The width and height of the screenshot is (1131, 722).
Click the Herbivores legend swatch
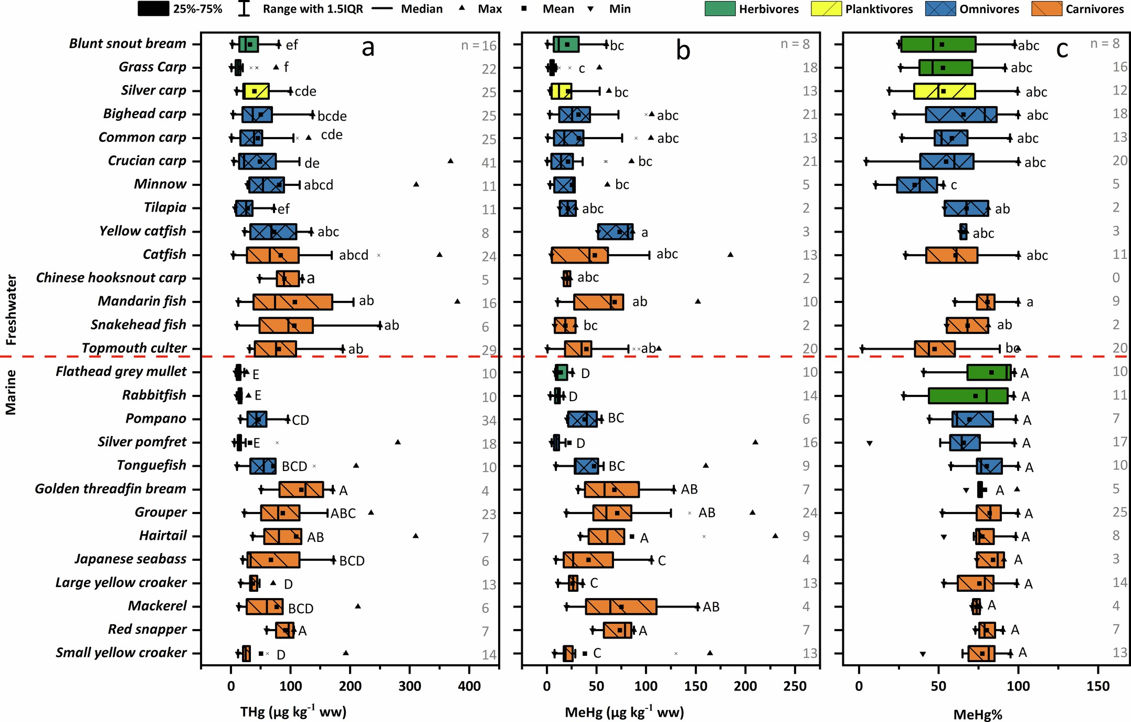pyautogui.click(x=720, y=9)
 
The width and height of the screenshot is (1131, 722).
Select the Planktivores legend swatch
pyautogui.click(x=826, y=9)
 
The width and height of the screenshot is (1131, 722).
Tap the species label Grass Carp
pyautogui.click(x=152, y=67)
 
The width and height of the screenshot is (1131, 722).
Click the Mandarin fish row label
pyautogui.click(x=142, y=301)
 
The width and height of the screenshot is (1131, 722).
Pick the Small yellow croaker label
pyautogui.click(x=121, y=653)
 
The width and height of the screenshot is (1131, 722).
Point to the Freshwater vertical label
pyautogui.click(x=11, y=310)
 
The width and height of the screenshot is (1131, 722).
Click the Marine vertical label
pyautogui.click(x=11, y=392)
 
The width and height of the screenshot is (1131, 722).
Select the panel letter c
pyautogui.click(x=1062, y=49)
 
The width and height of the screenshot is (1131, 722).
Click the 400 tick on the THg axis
pyautogui.click(x=469, y=686)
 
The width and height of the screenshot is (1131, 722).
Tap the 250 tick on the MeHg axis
pyautogui.click(x=795, y=686)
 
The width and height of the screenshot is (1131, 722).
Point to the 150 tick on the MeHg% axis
pyautogui.click(x=1098, y=686)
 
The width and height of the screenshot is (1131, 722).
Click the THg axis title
pyautogui.click(x=293, y=712)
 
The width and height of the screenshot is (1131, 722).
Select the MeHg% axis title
pyautogui.click(x=978, y=714)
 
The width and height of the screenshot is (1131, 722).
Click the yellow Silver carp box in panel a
pyautogui.click(x=256, y=91)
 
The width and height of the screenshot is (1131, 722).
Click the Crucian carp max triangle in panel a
pyautogui.click(x=450, y=161)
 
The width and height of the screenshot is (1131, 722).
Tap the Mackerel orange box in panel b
pyautogui.click(x=621, y=606)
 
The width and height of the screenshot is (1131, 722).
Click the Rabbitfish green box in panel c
pyautogui.click(x=968, y=396)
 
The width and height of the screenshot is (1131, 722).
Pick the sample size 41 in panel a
pyautogui.click(x=489, y=163)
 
